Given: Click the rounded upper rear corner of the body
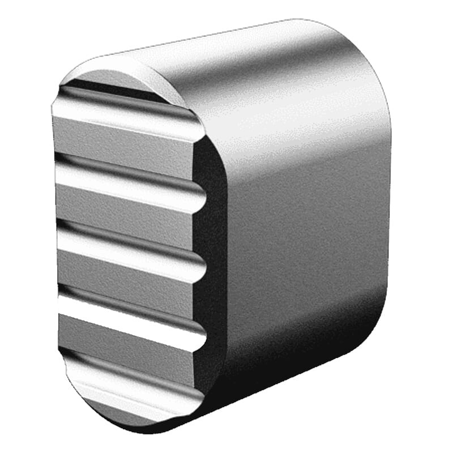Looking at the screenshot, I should tap(362, 51).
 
